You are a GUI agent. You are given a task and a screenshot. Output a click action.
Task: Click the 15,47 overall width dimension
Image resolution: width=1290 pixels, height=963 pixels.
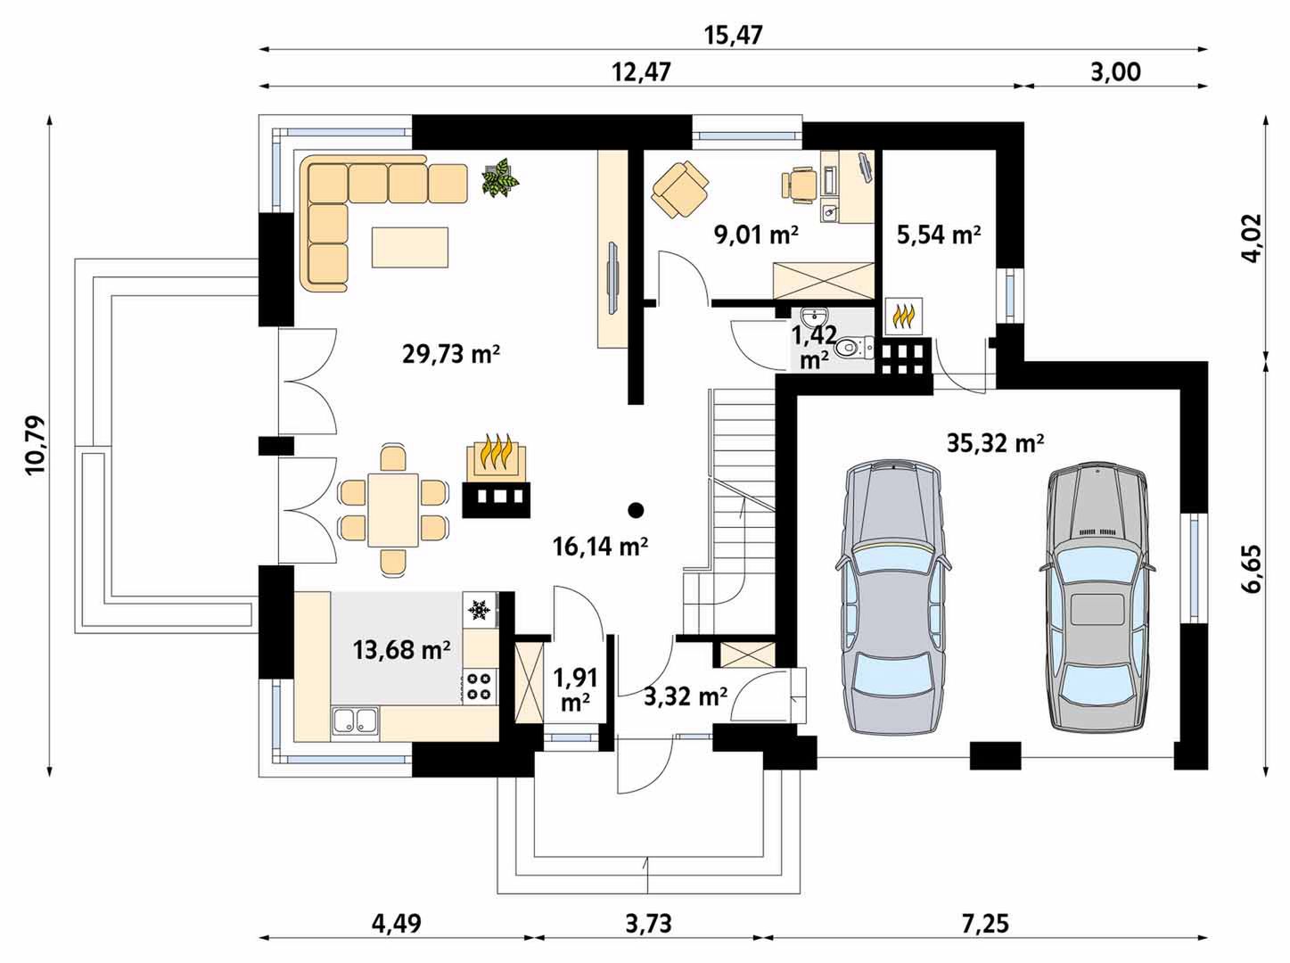click(x=733, y=36)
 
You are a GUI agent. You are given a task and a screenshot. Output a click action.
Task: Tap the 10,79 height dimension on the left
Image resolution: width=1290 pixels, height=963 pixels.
click(x=36, y=444)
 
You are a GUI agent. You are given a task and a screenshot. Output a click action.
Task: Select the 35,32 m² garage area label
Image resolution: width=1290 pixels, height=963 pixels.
click(x=995, y=443)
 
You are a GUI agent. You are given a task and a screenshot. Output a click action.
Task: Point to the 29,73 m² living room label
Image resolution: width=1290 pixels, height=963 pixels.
click(x=451, y=354)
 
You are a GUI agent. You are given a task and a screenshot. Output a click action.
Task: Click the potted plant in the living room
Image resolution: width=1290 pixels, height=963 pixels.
click(x=501, y=177)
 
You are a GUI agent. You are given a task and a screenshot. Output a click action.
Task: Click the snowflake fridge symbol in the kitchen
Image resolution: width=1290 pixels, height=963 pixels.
click(x=480, y=612)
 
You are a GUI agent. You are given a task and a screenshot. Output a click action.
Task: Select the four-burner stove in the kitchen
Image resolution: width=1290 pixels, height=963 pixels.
click(x=480, y=687)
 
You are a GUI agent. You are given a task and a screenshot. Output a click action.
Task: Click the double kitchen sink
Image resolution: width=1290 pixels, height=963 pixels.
click(x=355, y=721)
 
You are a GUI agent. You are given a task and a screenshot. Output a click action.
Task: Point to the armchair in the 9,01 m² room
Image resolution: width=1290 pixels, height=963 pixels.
click(x=680, y=190)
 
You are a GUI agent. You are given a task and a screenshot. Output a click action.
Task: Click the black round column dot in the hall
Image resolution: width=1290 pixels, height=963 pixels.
click(x=635, y=509)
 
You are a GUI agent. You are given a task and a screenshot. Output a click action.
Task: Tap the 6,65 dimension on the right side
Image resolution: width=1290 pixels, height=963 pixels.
click(x=1252, y=570)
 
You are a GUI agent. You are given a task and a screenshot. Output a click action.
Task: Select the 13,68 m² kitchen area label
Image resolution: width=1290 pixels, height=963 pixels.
click(x=401, y=650)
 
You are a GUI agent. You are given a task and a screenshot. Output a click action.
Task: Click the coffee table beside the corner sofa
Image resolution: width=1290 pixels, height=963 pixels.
click(x=409, y=247)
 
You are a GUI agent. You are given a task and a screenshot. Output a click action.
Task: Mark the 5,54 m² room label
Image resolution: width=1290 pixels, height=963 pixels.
click(x=939, y=235)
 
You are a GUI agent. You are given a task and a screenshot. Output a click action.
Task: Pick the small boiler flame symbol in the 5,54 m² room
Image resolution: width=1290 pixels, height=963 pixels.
click(x=904, y=317)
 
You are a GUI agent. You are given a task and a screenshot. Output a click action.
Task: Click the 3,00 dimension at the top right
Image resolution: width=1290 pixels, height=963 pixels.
click(x=1115, y=72)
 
